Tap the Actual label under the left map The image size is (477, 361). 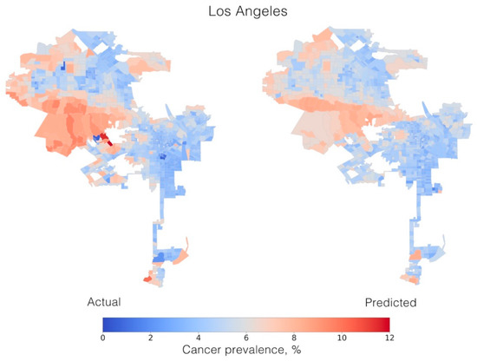tap(103, 303)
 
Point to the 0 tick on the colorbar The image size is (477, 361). tap(102, 338)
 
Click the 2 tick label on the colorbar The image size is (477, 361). tap(149, 338)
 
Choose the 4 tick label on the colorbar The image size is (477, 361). tap(197, 338)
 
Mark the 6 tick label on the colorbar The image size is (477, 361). tap(245, 338)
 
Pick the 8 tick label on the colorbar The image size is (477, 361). tap(292, 338)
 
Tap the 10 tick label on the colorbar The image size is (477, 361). tap(340, 338)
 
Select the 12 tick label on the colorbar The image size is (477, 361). tap(387, 338)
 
